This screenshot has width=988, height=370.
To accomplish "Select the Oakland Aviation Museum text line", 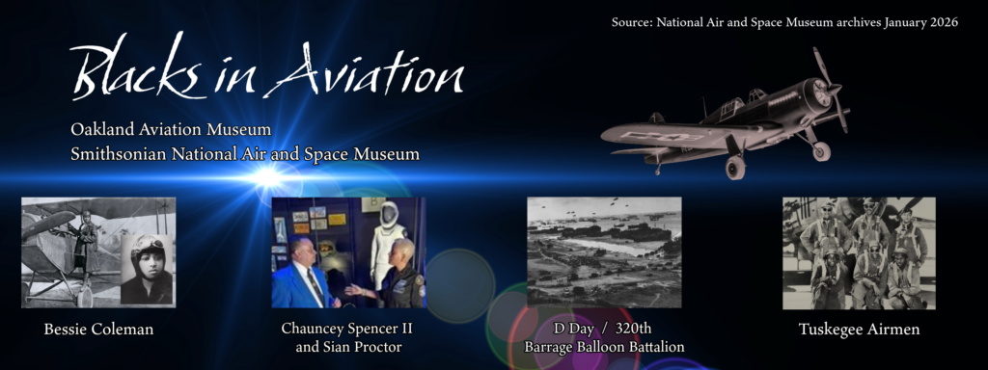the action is click(x=171, y=130).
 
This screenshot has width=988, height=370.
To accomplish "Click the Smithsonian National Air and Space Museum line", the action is click(x=245, y=153).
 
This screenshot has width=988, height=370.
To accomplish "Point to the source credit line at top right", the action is click(x=784, y=23).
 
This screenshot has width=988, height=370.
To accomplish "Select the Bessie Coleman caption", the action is click(x=98, y=330).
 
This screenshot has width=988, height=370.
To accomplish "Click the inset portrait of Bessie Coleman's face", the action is click(x=147, y=270).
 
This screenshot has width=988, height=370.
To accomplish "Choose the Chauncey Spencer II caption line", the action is click(x=346, y=329).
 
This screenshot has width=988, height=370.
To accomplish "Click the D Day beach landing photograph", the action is click(x=604, y=252).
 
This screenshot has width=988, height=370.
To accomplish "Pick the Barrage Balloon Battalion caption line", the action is click(x=604, y=347).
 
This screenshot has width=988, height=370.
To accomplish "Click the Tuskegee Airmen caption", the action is click(x=859, y=330).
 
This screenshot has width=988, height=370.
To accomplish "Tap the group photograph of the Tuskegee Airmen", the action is click(x=859, y=253).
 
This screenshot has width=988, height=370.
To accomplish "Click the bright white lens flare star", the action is click(x=268, y=177).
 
